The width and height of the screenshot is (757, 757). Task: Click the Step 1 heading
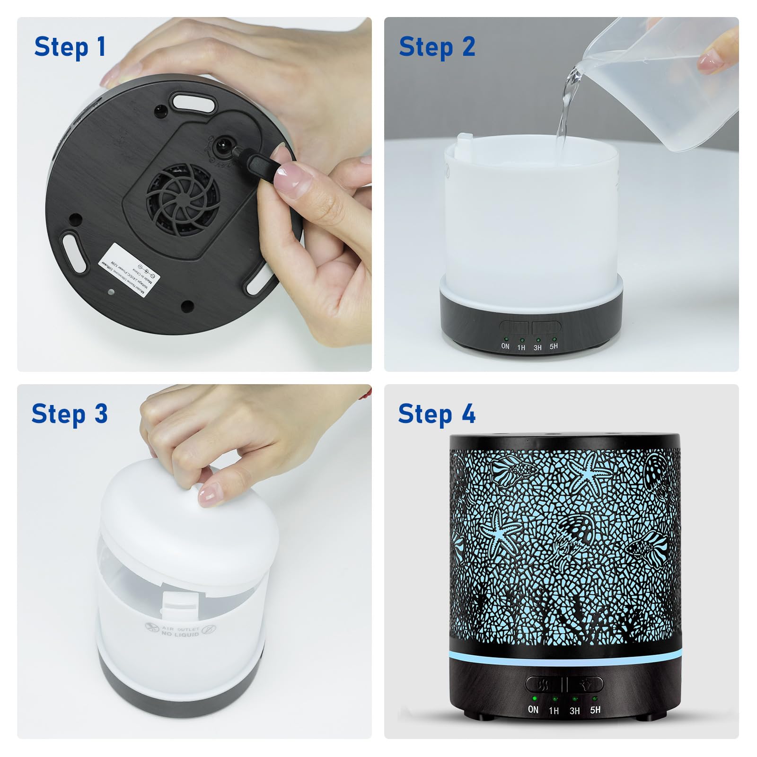(x=70, y=47)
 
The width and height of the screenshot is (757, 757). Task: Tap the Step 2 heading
(x=437, y=47)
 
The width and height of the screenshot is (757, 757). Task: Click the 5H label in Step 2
(x=554, y=346)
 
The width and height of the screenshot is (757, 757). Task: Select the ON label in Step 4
(x=533, y=709)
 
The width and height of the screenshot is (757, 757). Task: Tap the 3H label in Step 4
(x=574, y=711)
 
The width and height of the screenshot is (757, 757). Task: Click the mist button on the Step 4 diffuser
(x=544, y=684)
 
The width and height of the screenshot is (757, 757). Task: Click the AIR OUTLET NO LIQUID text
(x=180, y=631)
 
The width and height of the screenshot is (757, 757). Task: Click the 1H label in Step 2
(x=521, y=347)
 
